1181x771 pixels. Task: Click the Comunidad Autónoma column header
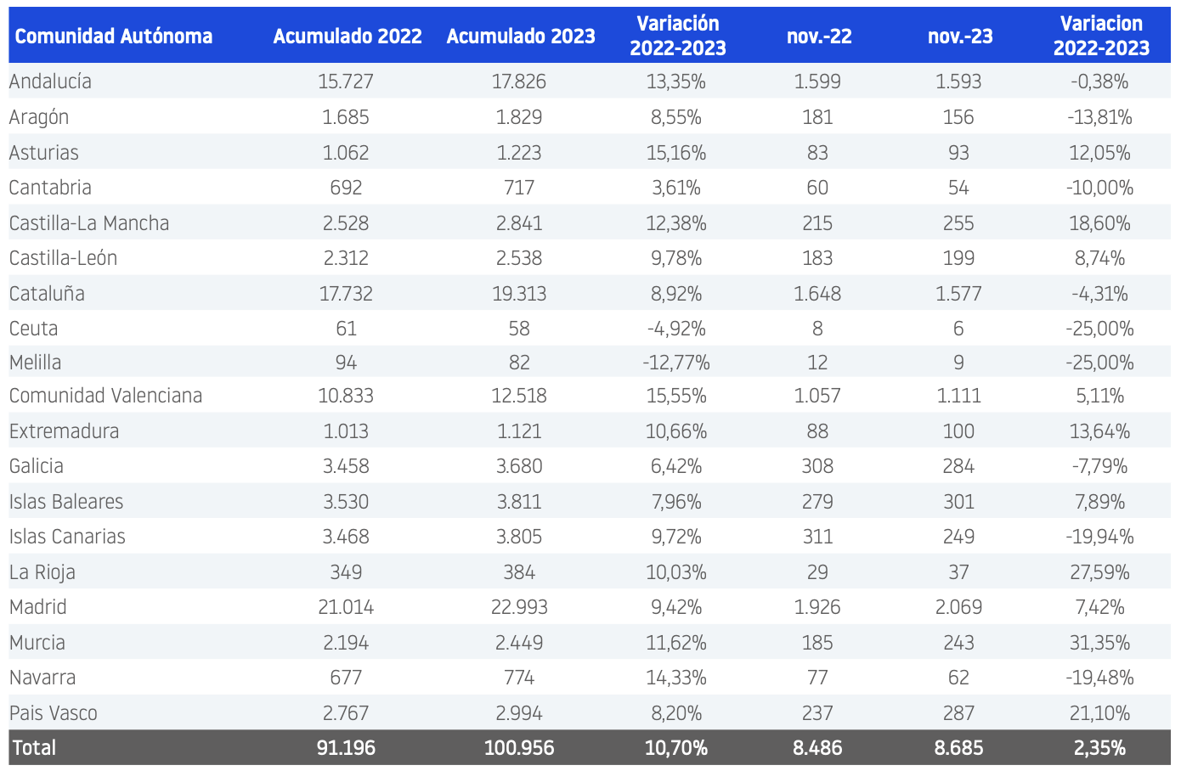[x=113, y=37]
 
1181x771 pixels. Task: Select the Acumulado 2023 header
[x=520, y=37]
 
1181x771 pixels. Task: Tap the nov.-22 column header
[x=819, y=37]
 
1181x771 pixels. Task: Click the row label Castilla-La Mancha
[x=89, y=223]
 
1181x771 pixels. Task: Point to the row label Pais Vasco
[x=54, y=712]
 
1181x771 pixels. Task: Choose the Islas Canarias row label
[x=67, y=537]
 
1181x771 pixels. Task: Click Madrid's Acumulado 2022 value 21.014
[x=346, y=607]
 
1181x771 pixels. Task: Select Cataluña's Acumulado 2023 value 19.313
[x=519, y=294]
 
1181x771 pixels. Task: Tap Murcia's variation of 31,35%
[x=1099, y=643]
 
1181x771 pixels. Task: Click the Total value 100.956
[x=519, y=748]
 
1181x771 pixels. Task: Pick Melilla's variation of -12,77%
[x=676, y=363]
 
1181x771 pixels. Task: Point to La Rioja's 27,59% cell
[x=1099, y=571]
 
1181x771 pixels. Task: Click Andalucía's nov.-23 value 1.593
[x=958, y=82]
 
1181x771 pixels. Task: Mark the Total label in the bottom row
[x=34, y=748]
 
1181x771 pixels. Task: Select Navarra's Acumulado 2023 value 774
[x=519, y=678]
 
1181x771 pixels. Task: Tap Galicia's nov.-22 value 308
[x=817, y=466]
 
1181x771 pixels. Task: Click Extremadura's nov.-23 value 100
[x=958, y=431]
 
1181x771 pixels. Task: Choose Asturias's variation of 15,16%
[x=676, y=152]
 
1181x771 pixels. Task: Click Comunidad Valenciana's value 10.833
[x=346, y=395]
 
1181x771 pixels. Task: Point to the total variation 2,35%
[x=1099, y=748]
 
